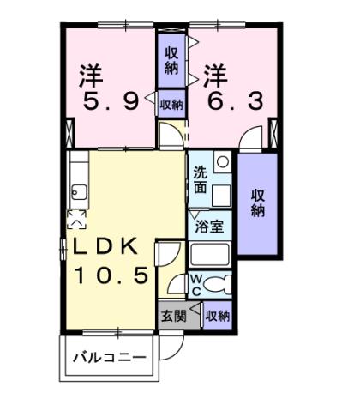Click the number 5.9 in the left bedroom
tap(110, 104)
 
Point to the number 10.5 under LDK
tap(111, 276)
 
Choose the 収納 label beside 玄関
tap(218, 315)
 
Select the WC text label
tap(195, 284)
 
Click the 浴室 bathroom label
tap(211, 227)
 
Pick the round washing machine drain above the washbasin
tap(222, 160)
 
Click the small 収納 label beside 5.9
tap(171, 104)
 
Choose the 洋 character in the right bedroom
tap(215, 75)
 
